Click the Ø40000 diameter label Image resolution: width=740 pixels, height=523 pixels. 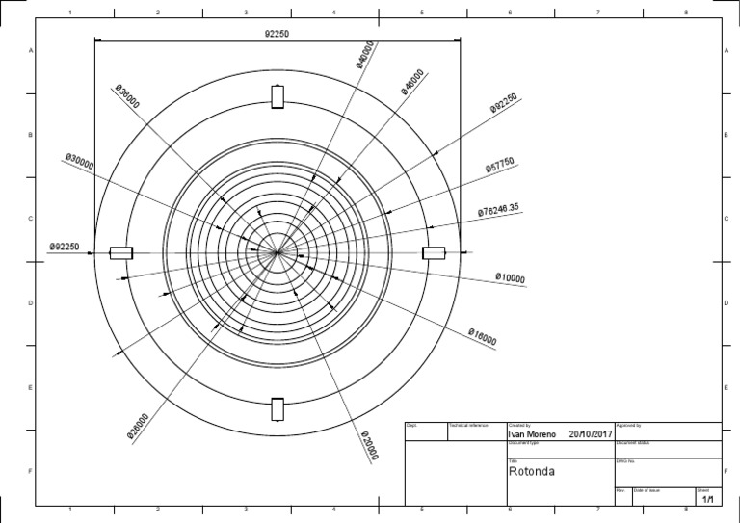click(x=366, y=55)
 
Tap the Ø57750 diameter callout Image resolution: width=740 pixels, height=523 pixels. click(x=501, y=166)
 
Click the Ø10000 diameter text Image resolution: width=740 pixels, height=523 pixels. click(x=510, y=278)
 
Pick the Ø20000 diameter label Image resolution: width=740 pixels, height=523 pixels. click(x=369, y=446)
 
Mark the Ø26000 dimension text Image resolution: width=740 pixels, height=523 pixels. click(x=138, y=426)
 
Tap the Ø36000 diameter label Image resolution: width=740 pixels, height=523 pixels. click(x=127, y=96)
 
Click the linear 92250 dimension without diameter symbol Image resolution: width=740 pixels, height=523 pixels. click(x=277, y=33)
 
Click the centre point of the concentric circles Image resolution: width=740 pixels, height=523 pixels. click(x=277, y=252)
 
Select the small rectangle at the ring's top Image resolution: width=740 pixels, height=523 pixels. click(x=277, y=97)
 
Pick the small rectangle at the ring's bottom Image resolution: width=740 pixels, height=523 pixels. click(x=277, y=408)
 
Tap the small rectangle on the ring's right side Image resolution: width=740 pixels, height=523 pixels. click(x=434, y=252)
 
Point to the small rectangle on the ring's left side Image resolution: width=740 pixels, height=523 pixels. click(x=120, y=252)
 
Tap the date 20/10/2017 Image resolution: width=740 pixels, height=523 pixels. click(x=591, y=434)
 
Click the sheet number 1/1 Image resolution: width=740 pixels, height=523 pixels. click(x=707, y=500)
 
